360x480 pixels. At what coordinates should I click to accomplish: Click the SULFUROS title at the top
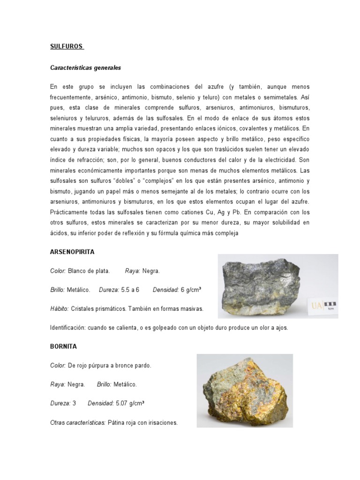tap(66, 47)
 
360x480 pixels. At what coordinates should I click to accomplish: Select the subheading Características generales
tap(85, 67)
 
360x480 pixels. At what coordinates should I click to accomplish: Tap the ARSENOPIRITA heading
tap(72, 252)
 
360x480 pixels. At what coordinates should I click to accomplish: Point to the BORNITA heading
tap(63, 346)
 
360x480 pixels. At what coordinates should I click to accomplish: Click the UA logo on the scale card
tap(316, 306)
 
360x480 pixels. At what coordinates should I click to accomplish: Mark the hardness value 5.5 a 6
tap(131, 290)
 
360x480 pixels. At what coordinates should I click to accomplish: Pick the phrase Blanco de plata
tap(89, 270)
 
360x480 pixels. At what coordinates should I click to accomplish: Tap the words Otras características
tap(77, 422)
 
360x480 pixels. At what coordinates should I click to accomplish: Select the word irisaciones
tap(162, 422)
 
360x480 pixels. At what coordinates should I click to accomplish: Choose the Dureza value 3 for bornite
tap(74, 403)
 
